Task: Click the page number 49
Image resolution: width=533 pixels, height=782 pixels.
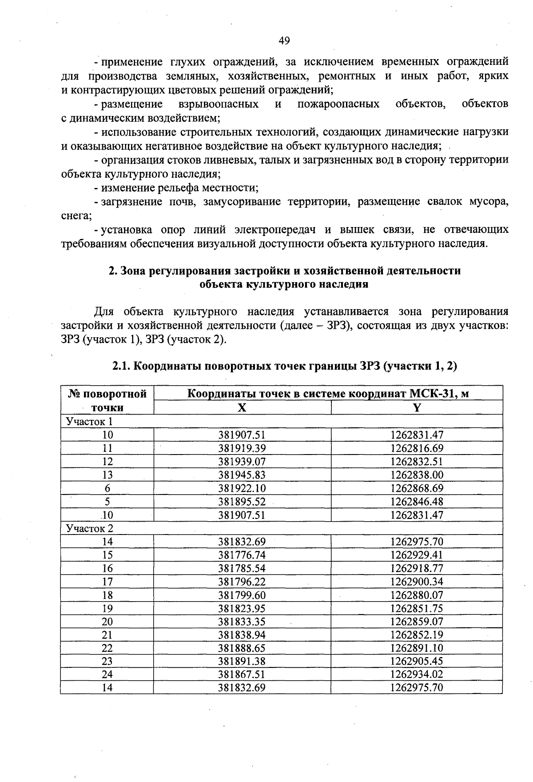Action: coord(284,41)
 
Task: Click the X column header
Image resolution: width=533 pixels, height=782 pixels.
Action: coord(242,407)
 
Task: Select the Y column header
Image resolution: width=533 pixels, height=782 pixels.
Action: coord(417,407)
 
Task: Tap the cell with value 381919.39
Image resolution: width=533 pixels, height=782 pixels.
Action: coord(242,448)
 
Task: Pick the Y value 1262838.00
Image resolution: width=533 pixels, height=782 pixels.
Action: coord(417,475)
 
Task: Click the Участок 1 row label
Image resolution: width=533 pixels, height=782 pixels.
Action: coord(89,421)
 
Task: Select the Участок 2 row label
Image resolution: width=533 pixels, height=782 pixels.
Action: coord(89,528)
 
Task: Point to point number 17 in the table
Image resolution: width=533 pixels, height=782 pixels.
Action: coord(107,582)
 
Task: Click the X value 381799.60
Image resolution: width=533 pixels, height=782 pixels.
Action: coord(242,595)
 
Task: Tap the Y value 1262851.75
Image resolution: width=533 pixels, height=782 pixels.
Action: coord(417,608)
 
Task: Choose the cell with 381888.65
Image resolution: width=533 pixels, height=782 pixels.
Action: coord(242,648)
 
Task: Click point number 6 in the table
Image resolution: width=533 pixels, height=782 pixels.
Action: coord(107,488)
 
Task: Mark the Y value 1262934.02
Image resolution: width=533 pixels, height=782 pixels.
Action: coord(417,674)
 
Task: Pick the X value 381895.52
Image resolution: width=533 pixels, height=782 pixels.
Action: coord(242,502)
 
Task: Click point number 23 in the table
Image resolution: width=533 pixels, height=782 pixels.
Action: coord(107,661)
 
